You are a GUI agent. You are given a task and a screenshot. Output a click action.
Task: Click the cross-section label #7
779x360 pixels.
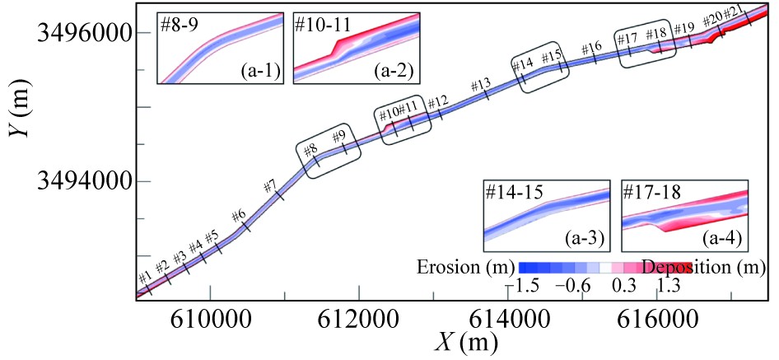coord(268,186)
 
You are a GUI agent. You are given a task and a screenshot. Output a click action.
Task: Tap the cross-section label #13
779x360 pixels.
coord(481,85)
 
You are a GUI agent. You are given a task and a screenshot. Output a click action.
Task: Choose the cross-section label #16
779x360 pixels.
coord(591,49)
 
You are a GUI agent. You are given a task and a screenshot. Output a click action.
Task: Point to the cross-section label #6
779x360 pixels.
coord(239,216)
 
